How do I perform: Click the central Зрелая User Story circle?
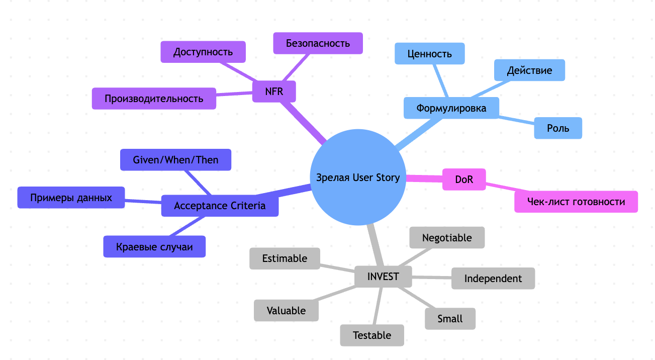(358, 177)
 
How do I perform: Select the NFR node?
(274, 92)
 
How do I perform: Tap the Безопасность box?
(318, 43)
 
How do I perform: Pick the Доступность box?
(203, 52)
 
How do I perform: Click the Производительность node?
(154, 99)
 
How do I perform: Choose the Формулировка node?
(451, 108)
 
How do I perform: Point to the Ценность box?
(429, 54)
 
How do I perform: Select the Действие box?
(529, 70)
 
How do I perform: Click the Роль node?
(557, 128)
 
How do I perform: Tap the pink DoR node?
(463, 179)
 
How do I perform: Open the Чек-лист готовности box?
(576, 202)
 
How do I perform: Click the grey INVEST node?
(383, 277)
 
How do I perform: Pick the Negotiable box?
(447, 237)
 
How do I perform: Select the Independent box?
(493, 279)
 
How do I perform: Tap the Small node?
(450, 319)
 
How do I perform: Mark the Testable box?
(372, 335)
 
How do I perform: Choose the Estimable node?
(285, 258)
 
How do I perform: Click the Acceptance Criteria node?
(220, 206)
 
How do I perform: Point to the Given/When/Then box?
(175, 160)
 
